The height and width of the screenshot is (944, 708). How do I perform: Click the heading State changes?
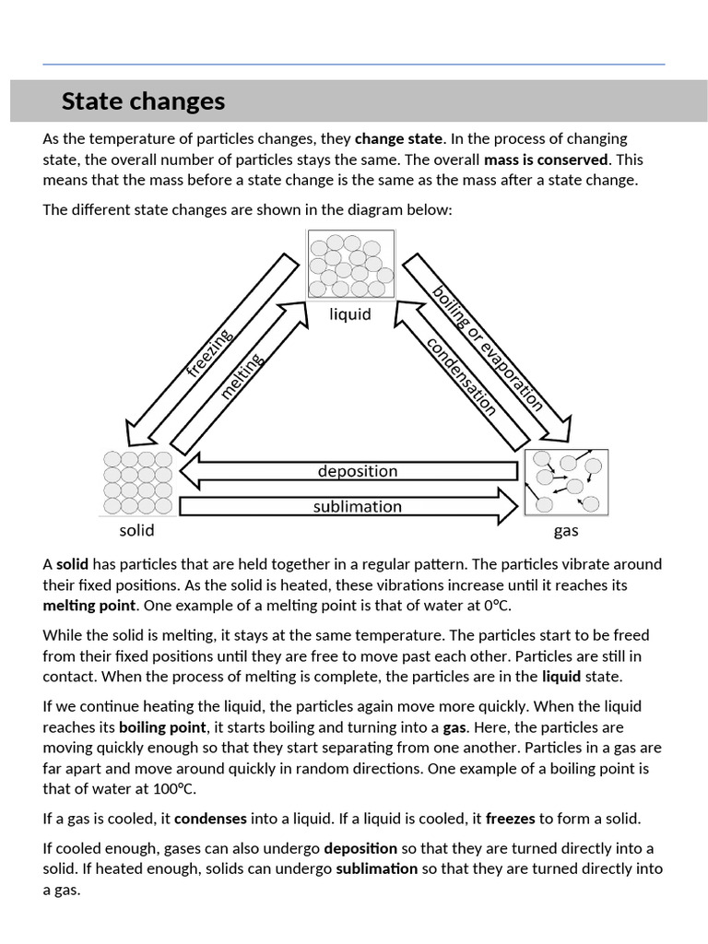[143, 100]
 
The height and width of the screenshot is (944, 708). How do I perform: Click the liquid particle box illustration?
[350, 265]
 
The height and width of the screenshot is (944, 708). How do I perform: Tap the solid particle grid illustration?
[137, 482]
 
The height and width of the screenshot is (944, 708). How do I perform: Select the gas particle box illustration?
[566, 482]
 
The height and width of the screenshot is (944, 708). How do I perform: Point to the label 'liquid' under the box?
[350, 314]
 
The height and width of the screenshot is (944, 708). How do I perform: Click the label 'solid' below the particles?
[136, 530]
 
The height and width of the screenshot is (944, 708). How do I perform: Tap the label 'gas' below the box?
[566, 531]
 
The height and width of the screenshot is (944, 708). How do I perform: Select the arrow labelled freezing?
[208, 354]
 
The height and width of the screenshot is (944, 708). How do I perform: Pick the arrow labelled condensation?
[458, 378]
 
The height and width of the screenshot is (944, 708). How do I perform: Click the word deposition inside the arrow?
[358, 471]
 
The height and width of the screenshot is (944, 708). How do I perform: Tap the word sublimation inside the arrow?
[358, 506]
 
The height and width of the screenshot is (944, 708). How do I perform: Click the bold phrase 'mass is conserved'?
[547, 159]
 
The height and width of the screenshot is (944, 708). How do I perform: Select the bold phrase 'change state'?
[399, 139]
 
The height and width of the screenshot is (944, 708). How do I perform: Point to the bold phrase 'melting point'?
[89, 606]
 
